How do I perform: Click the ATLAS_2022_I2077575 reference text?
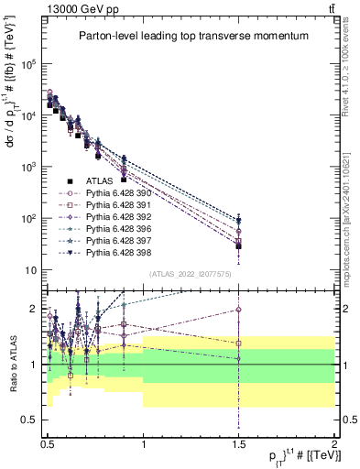190,273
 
